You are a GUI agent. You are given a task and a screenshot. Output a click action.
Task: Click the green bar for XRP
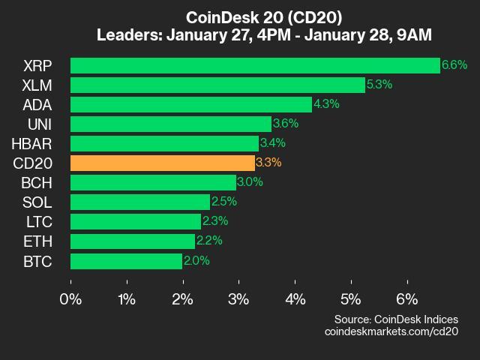click(255, 65)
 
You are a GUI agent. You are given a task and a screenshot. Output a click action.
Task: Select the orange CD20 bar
click(162, 163)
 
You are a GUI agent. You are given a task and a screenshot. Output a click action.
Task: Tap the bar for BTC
click(126, 260)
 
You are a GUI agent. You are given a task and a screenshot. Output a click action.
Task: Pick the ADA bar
click(190, 104)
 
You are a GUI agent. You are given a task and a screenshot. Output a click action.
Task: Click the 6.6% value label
click(454, 65)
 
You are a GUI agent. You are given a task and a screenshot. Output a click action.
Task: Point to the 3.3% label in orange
click(269, 163)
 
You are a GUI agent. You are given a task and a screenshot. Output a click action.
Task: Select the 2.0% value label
click(196, 261)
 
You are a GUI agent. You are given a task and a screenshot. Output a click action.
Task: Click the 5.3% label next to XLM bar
click(380, 85)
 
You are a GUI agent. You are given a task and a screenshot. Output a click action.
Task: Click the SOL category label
click(47, 202)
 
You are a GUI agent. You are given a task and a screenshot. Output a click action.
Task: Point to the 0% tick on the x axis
click(70, 299)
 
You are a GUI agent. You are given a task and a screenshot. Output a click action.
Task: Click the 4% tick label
click(295, 299)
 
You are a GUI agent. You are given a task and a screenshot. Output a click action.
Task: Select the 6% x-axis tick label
click(407, 299)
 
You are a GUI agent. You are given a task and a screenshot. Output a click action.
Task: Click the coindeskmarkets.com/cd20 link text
click(391, 331)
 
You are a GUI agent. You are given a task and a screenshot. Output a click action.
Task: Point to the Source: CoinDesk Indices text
click(396, 319)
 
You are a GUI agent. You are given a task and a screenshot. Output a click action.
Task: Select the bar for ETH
click(132, 241)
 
